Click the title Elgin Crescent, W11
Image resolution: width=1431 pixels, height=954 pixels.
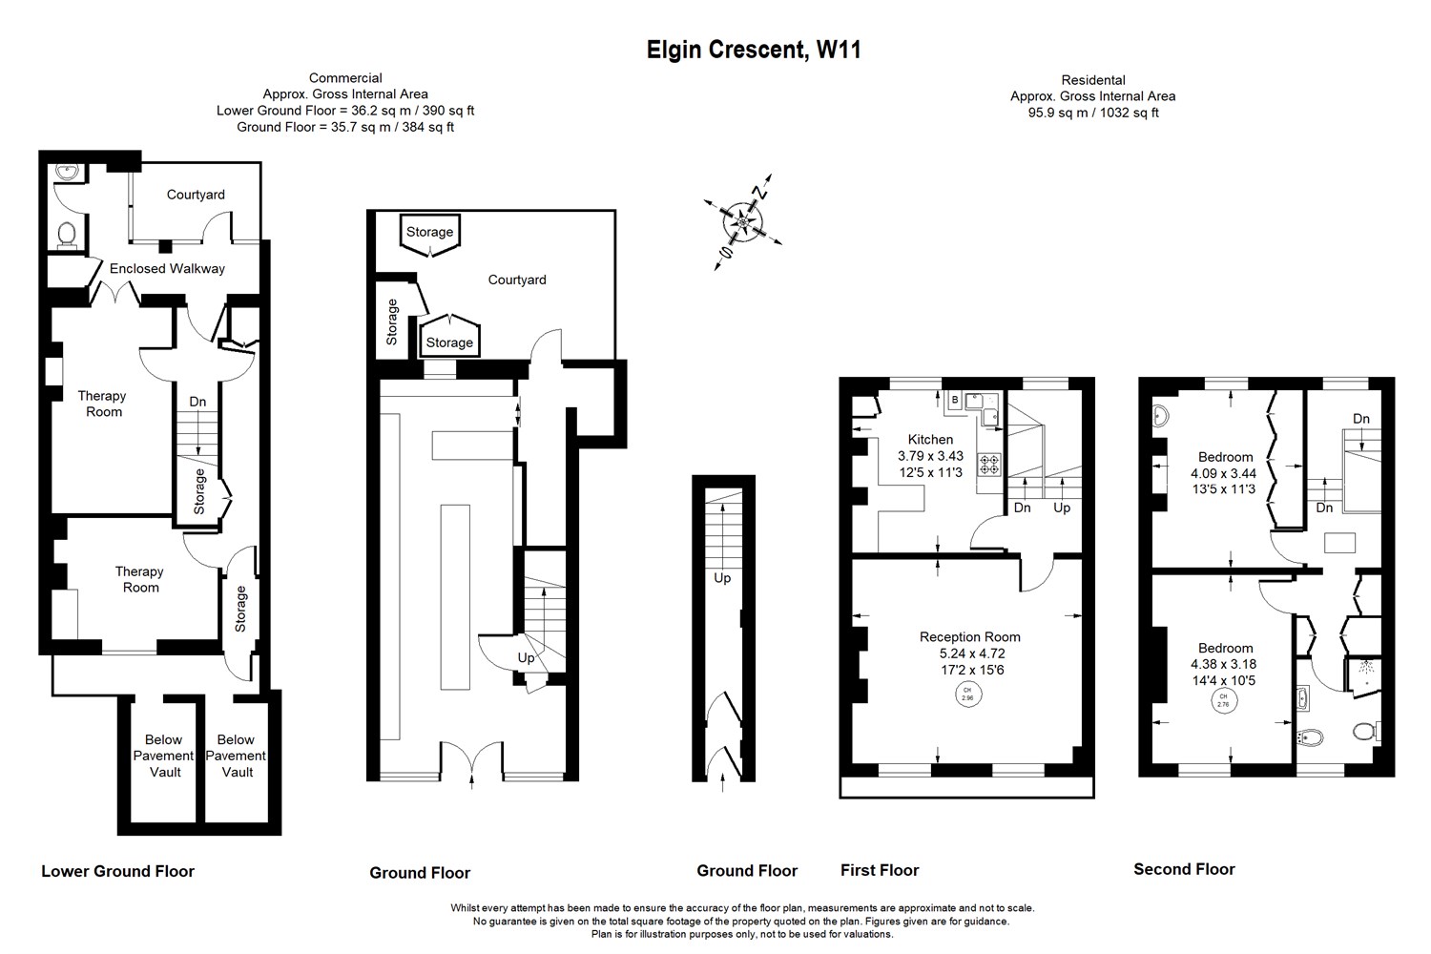click(x=754, y=50)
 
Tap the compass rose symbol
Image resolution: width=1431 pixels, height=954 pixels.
click(x=742, y=222)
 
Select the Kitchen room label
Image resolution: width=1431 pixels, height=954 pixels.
click(x=930, y=440)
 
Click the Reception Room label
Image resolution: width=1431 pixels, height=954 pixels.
click(x=969, y=637)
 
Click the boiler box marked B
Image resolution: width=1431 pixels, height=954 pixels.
click(x=954, y=400)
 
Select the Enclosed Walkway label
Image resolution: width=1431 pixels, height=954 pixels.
click(x=167, y=269)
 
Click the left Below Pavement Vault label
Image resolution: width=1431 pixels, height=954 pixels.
click(x=163, y=756)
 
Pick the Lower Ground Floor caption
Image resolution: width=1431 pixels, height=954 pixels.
click(x=117, y=871)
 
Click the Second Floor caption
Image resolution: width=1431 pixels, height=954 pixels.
click(x=1184, y=869)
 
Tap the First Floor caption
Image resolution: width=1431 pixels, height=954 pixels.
click(x=880, y=870)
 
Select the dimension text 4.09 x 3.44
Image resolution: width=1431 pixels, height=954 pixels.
click(x=1223, y=473)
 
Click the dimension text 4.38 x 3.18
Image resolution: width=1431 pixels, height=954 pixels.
click(x=1224, y=664)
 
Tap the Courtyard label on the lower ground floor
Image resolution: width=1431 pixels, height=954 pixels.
click(x=196, y=195)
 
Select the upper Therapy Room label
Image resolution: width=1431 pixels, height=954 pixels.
click(x=102, y=404)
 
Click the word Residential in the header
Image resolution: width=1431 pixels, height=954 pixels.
click(x=1092, y=80)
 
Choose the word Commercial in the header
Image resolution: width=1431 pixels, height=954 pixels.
click(x=345, y=78)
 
